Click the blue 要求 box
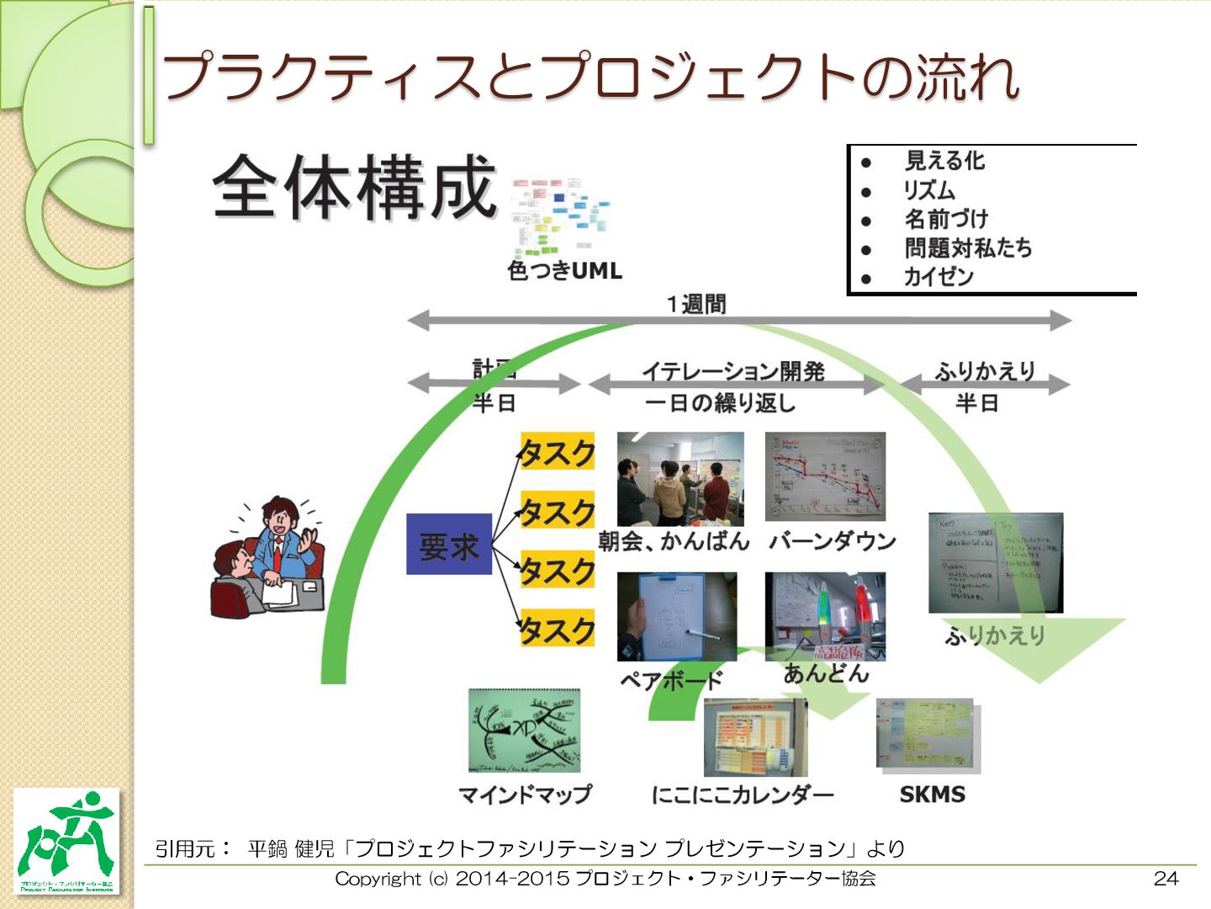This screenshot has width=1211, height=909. (x=449, y=545)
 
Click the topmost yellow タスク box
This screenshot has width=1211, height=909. (x=557, y=452)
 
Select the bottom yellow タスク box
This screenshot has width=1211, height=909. (x=557, y=628)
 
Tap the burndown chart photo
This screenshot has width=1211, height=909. (x=825, y=476)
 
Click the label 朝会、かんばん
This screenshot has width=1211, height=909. (x=674, y=541)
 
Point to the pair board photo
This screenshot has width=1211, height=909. (x=676, y=617)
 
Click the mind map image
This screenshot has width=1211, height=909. (x=524, y=731)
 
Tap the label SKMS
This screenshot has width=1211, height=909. (x=932, y=794)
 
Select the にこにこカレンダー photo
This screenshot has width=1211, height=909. (x=755, y=738)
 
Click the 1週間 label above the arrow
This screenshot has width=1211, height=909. (x=696, y=304)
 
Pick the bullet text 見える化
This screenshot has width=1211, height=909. (x=944, y=160)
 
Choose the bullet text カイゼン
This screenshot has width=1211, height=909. (x=938, y=276)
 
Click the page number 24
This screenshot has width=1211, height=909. (x=1166, y=878)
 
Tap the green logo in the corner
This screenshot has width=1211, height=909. (x=67, y=841)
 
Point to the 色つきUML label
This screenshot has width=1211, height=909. (x=564, y=271)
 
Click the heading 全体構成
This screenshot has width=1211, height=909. (x=354, y=187)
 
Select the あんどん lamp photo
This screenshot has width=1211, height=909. (x=825, y=617)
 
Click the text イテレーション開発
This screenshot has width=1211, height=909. (x=732, y=371)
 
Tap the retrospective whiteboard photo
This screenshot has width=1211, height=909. (x=996, y=562)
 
